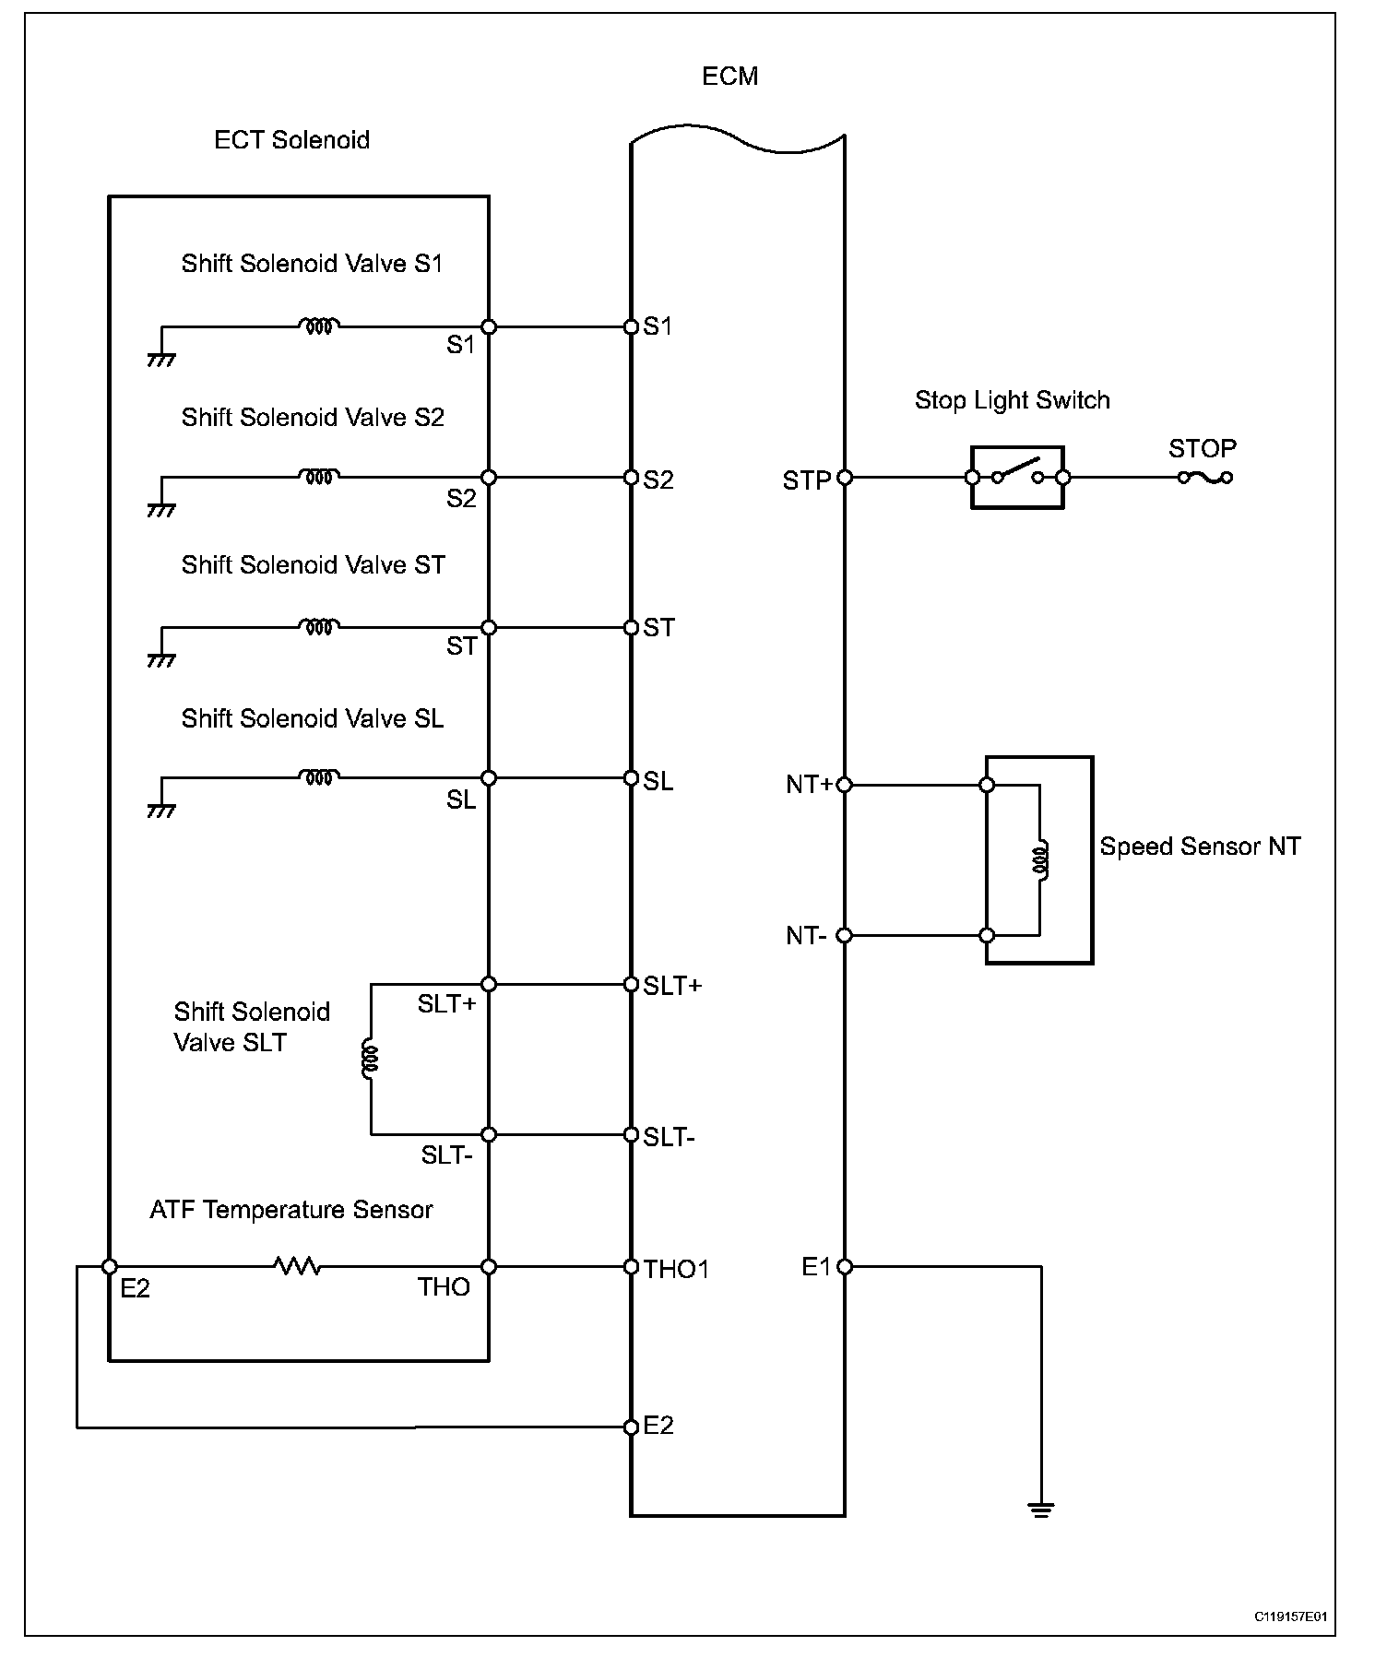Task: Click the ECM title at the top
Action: click(x=729, y=76)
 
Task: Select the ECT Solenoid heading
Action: click(x=291, y=140)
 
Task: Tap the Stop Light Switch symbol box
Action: click(x=1016, y=477)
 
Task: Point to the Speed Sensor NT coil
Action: click(x=1040, y=859)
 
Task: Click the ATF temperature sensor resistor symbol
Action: click(x=298, y=1266)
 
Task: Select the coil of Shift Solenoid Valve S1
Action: click(x=319, y=326)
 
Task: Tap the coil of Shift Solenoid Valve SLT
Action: click(x=371, y=1060)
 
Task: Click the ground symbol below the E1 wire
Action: click(x=1041, y=1510)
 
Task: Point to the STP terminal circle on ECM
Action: click(x=845, y=478)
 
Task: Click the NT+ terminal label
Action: click(x=809, y=785)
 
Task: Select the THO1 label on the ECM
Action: click(x=677, y=1270)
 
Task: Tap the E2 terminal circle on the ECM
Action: click(x=631, y=1427)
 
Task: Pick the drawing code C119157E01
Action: click(x=1290, y=1617)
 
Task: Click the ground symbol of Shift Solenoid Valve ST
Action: click(x=161, y=660)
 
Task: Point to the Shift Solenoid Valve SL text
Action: click(x=312, y=718)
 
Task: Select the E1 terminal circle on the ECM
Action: click(x=845, y=1267)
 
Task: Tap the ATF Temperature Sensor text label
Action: click(x=290, y=1210)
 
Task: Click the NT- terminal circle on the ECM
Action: click(x=845, y=936)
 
